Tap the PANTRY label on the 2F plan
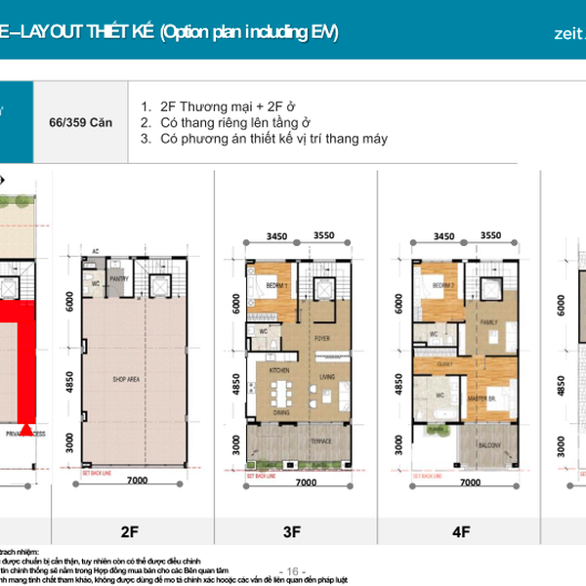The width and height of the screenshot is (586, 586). pyautogui.click(x=120, y=278)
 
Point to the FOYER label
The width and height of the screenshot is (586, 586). pyautogui.click(x=323, y=340)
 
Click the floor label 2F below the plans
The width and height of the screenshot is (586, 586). pyautogui.click(x=130, y=532)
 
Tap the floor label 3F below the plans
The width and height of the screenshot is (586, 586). pyautogui.click(x=292, y=532)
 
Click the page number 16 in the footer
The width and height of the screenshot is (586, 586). pyautogui.click(x=292, y=570)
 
